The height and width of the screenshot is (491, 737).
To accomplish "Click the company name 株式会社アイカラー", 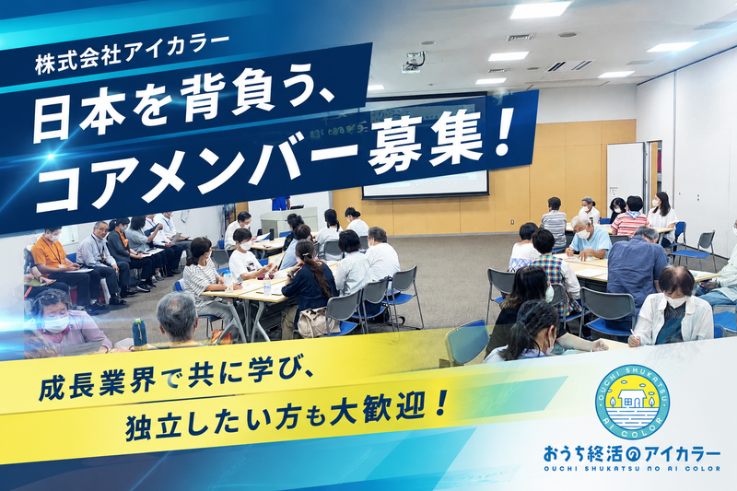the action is [132, 54].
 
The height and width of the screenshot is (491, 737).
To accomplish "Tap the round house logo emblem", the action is [632, 403].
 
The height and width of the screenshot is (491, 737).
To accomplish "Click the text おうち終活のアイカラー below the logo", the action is [632, 454].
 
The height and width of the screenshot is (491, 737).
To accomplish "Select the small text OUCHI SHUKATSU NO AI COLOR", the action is [632, 469].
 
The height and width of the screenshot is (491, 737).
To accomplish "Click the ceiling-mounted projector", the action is [413, 62].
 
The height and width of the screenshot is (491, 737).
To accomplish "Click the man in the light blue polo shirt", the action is [588, 239].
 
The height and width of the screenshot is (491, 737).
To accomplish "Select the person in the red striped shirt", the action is [631, 217].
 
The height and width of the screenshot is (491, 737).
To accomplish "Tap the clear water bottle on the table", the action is [267, 285].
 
